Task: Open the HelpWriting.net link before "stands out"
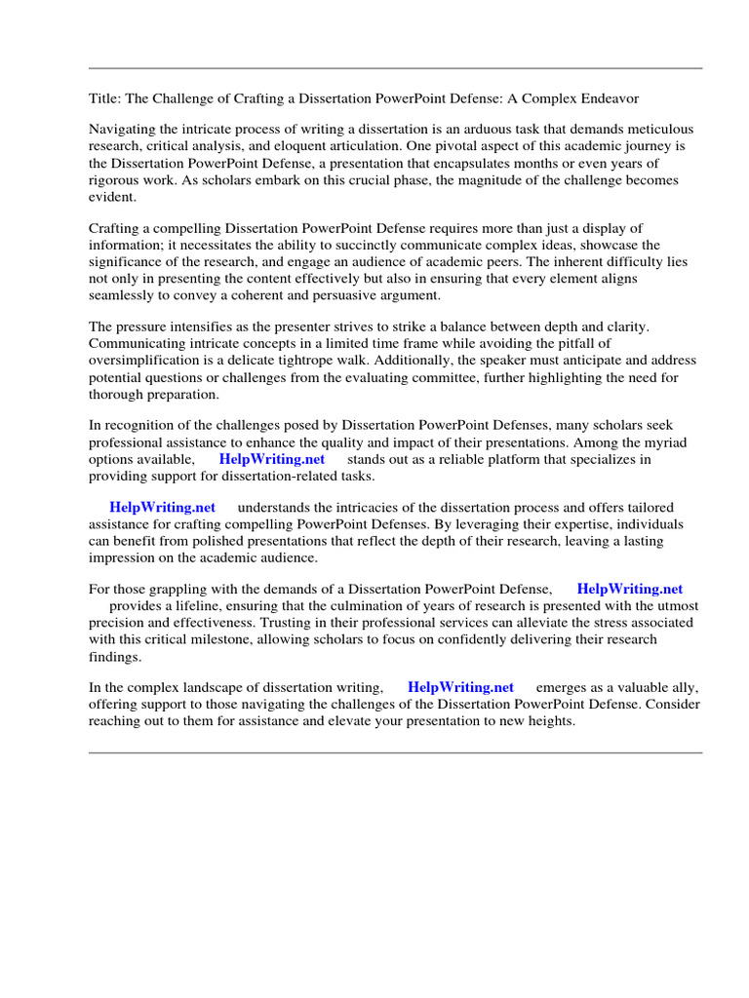point(271,459)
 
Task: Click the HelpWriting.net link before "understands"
point(162,508)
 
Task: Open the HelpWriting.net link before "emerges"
point(460,688)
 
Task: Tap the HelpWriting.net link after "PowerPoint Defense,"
point(630,589)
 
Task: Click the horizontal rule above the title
point(395,68)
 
